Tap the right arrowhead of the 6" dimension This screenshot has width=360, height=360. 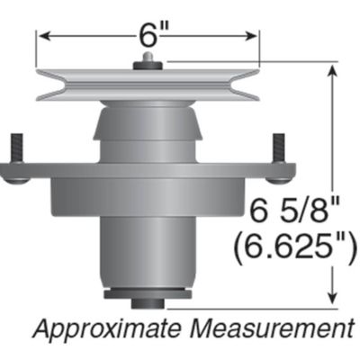tap(254, 36)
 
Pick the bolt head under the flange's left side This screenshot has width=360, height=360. tap(17, 177)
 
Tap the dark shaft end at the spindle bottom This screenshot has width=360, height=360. tap(148, 295)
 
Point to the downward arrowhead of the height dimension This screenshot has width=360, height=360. tap(335, 299)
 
